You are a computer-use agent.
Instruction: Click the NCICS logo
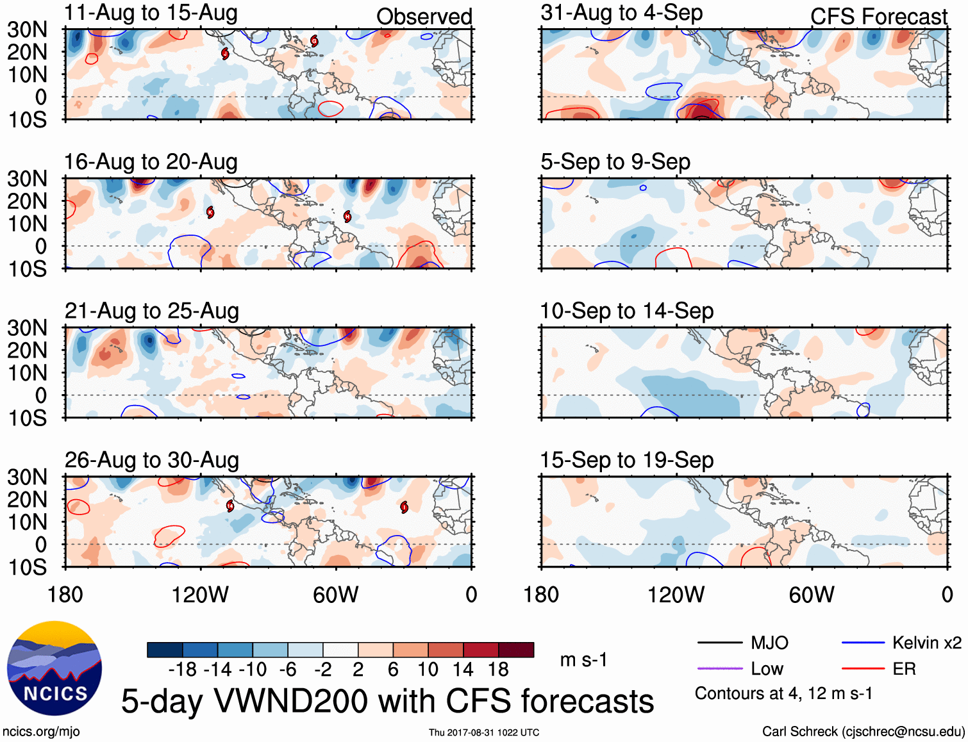point(54,668)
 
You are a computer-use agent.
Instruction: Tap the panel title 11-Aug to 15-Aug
point(151,13)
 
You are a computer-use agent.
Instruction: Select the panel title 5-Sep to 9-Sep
point(615,161)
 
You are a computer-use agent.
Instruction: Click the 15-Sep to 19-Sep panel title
point(626,460)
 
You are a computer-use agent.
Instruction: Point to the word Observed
point(424,17)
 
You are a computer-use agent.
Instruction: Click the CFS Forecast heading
point(878,17)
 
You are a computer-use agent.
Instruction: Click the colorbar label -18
point(183,670)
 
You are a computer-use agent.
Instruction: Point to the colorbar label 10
point(428,670)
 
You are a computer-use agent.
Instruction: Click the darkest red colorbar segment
point(516,650)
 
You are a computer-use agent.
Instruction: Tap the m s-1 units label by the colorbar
point(583,660)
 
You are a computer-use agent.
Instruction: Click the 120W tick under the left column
point(200,595)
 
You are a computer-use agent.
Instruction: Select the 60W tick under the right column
point(812,595)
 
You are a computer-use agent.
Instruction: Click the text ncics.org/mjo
point(41,732)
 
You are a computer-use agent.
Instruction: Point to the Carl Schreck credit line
point(863,732)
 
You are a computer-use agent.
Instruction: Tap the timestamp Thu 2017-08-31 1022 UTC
point(484,732)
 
